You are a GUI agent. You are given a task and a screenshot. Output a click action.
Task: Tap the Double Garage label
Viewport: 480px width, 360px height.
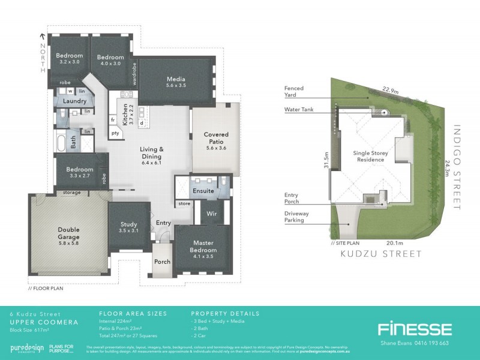point(73,233)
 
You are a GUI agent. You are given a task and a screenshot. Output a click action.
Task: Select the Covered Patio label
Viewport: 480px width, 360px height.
point(215,139)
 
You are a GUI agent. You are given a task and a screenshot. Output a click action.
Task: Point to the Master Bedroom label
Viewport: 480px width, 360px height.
point(203,246)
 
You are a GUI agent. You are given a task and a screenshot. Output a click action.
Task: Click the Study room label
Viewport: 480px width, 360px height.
point(128,227)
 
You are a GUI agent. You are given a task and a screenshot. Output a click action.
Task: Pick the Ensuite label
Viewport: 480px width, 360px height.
point(203,191)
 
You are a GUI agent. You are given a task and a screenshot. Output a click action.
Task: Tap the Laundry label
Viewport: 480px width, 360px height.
point(74,101)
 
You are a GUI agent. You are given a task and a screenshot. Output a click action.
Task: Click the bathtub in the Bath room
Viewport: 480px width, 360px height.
point(61,143)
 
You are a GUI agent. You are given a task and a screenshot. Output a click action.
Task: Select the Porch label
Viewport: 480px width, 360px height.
point(162,262)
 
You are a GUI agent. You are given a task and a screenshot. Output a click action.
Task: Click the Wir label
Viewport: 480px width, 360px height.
point(211,213)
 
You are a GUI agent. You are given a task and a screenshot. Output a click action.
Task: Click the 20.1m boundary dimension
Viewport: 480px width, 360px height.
point(394,243)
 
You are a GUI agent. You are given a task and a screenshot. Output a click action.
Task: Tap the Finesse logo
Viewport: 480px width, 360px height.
point(415,329)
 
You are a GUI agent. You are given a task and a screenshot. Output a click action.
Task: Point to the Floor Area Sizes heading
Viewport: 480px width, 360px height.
point(133,313)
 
